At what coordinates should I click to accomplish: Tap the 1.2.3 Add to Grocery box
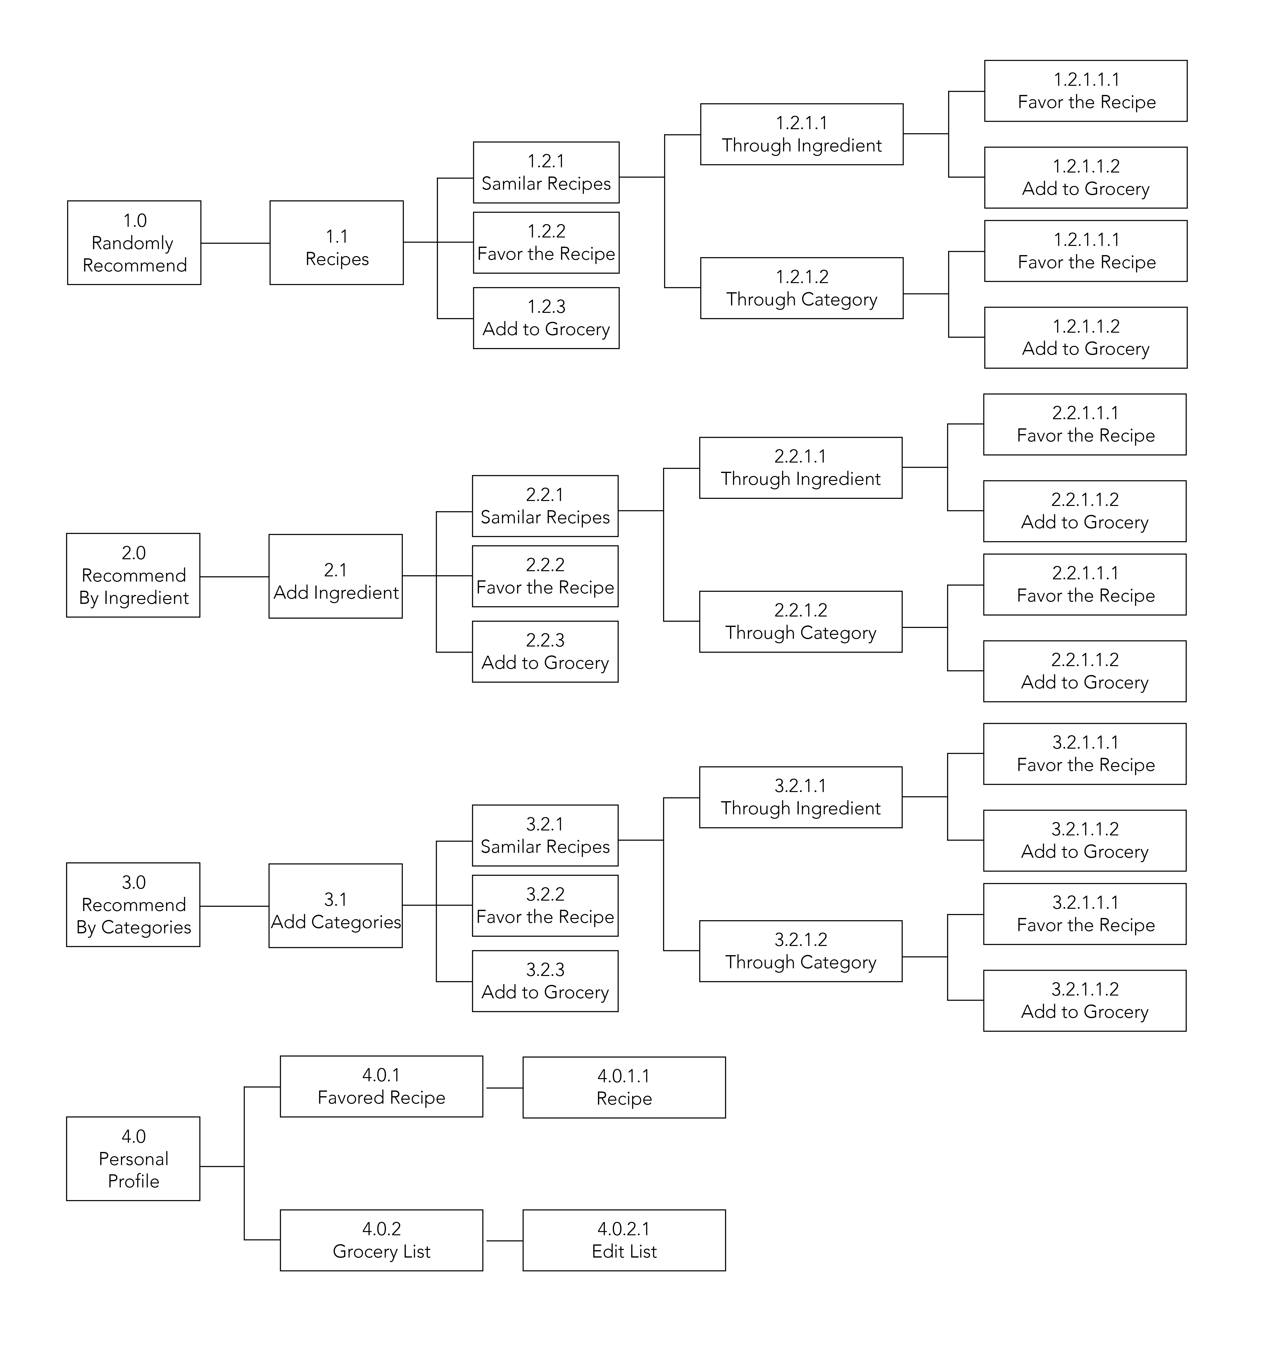pyautogui.click(x=546, y=318)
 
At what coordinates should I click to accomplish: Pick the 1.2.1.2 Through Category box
pyautogui.click(x=801, y=288)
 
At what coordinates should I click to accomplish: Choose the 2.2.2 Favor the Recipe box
pyautogui.click(x=545, y=576)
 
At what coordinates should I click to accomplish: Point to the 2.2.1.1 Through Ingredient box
pyautogui.click(x=800, y=468)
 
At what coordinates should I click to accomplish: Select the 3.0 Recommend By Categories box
pyautogui.click(x=133, y=905)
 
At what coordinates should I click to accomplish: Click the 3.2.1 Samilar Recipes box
pyautogui.click(x=545, y=835)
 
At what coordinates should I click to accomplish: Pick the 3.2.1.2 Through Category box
pyautogui.click(x=800, y=951)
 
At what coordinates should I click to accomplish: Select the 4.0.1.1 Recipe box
pyautogui.click(x=624, y=1087)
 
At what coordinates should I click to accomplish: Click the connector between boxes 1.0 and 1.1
pyautogui.click(x=235, y=243)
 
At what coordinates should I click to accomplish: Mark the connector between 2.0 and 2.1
pyautogui.click(x=234, y=577)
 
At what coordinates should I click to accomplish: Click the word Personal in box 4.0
pyautogui.click(x=133, y=1159)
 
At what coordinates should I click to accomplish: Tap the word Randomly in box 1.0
pyautogui.click(x=133, y=243)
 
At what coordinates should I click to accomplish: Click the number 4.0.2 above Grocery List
pyautogui.click(x=381, y=1229)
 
